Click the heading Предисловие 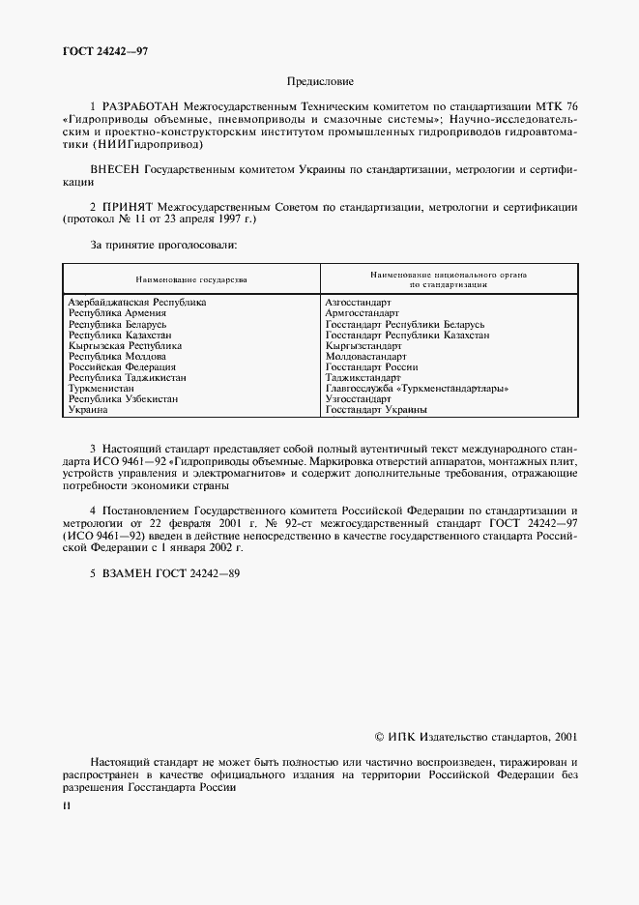tap(320, 82)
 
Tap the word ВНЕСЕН tap(116, 169)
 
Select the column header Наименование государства tap(191, 279)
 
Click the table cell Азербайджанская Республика tap(136, 303)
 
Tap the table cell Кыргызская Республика tap(125, 345)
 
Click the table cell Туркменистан tap(102, 389)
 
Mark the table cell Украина tap(88, 410)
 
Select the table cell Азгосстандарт tap(359, 303)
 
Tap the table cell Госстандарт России tap(372, 367)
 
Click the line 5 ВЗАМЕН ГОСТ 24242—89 tap(164, 573)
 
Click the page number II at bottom tap(66, 805)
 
